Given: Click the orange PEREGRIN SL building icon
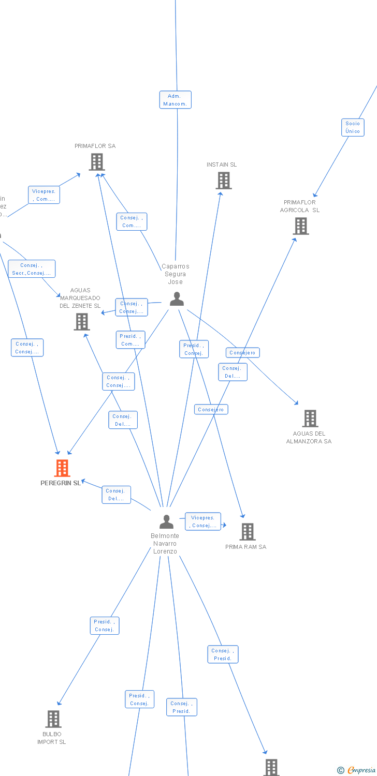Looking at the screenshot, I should coord(62,468).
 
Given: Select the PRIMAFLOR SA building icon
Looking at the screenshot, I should coord(97,162).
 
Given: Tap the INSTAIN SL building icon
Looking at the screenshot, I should coord(224,181).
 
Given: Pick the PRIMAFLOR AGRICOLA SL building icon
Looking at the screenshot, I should coord(301,226).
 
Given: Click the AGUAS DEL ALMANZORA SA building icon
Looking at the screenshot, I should coord(310,418).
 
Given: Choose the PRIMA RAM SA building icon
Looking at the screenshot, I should coord(248,531).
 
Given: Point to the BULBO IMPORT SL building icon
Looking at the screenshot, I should coord(53,719).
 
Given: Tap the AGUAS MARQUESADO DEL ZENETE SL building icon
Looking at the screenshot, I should coord(82,322).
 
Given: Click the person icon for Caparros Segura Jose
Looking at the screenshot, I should coord(177,299).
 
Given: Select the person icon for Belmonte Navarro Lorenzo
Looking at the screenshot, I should coord(166,521).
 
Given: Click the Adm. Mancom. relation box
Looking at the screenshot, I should coord(175,100).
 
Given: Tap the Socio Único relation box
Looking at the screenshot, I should coord(353,127).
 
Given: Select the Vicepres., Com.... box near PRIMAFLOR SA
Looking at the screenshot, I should coord(44,195).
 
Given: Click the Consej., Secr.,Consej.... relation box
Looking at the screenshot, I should coord(32,269).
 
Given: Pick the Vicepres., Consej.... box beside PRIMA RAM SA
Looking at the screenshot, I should coord(203,521).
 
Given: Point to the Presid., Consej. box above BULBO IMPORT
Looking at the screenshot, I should coord(105,625).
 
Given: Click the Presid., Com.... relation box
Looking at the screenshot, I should coord(130,340).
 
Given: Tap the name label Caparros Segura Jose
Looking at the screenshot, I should coord(176,274).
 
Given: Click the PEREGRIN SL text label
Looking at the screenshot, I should coord(61,483).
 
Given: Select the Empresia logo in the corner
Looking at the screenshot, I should coord(357,770).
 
